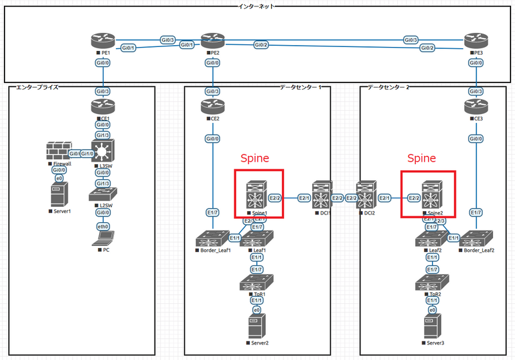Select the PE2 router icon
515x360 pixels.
point(211,41)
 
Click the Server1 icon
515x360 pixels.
point(59,195)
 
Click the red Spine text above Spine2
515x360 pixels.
point(422,158)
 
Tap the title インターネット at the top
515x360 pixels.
point(257,6)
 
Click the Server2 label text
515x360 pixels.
point(259,343)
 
